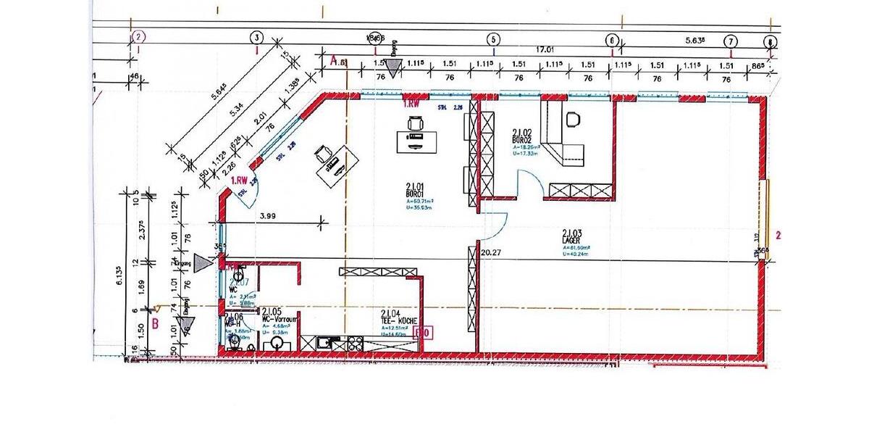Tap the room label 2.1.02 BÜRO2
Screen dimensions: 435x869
[522, 134]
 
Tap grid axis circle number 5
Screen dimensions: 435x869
[493, 39]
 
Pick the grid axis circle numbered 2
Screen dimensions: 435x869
[139, 36]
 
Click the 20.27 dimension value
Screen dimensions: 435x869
[490, 252]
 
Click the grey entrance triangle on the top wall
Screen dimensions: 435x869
[393, 67]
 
